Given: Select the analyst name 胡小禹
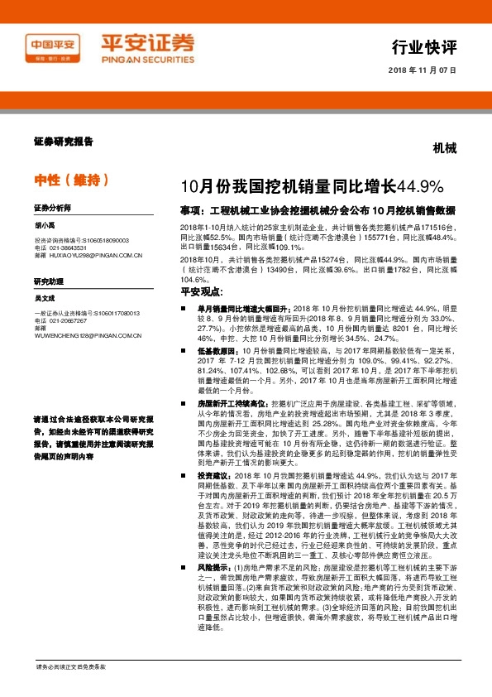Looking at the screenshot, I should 46,223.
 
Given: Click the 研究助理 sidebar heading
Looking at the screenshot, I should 49,282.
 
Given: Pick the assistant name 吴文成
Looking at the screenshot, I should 44,298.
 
